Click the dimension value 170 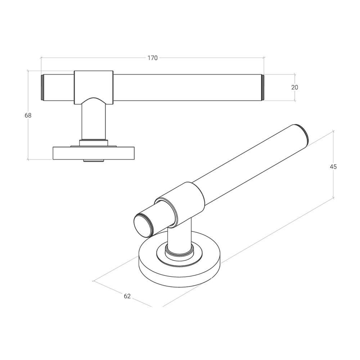[152, 58]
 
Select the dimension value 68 [28, 116]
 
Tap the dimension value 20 [294, 87]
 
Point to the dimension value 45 [333, 166]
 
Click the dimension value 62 [127, 296]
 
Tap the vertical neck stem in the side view [94, 121]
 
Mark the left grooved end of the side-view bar [42, 87]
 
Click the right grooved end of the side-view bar [262, 87]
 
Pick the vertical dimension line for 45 [333, 184]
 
